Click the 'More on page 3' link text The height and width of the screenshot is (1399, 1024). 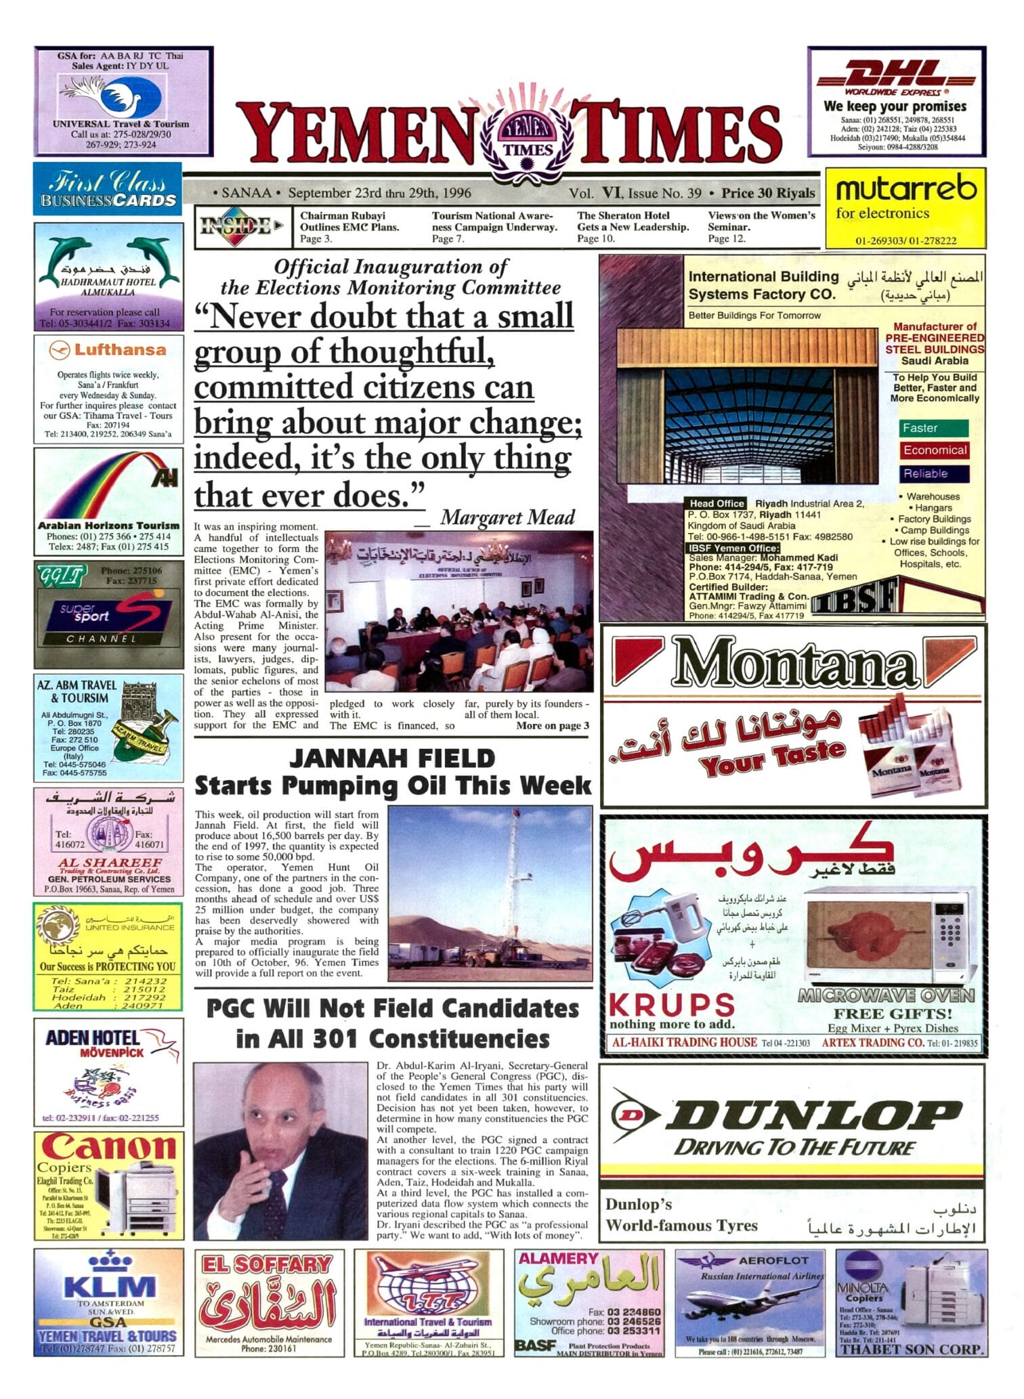pos(552,726)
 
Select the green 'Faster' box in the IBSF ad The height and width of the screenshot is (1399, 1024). pos(933,429)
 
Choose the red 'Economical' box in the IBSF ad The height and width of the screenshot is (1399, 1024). pos(935,450)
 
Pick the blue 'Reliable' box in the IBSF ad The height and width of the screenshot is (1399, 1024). pos(934,474)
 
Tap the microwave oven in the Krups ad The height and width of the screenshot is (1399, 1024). pos(889,935)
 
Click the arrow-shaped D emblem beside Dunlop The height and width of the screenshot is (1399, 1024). pos(633,1114)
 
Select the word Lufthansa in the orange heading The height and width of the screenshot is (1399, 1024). pos(119,350)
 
